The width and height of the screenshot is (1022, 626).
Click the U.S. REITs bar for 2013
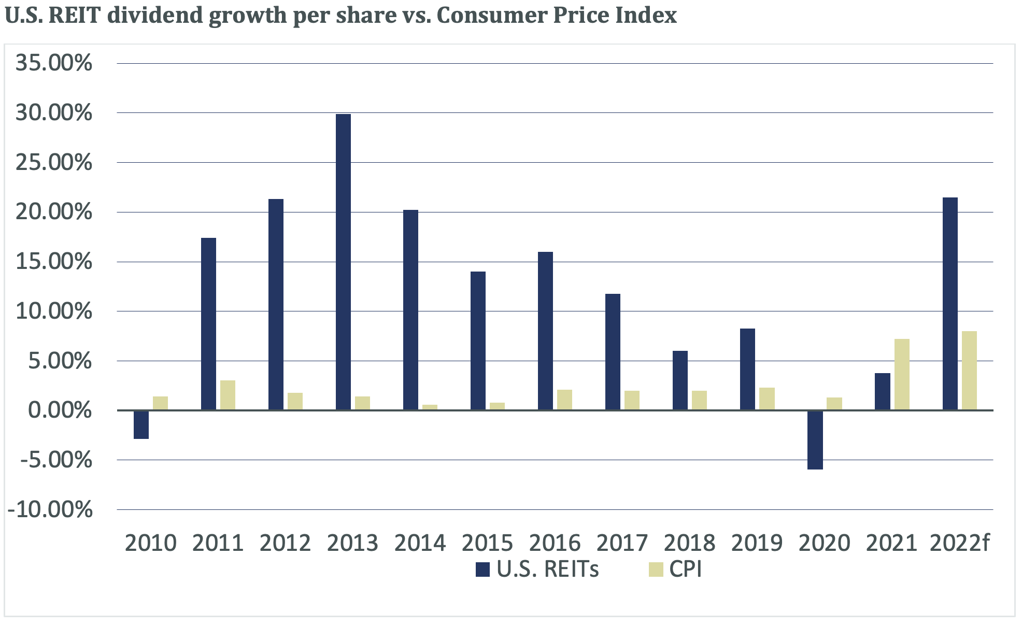(x=343, y=262)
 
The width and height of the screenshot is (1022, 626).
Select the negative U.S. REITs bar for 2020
(x=815, y=440)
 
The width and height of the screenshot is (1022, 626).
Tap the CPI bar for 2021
(x=902, y=374)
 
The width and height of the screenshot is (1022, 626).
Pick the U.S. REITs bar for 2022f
(x=950, y=304)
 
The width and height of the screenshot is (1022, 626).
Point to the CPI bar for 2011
(x=228, y=395)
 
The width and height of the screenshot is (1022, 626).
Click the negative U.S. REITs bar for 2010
(x=141, y=425)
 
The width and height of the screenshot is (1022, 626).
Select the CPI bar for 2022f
(x=969, y=371)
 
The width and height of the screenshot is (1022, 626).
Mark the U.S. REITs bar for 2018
(x=680, y=380)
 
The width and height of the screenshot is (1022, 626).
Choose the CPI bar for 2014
(x=430, y=407)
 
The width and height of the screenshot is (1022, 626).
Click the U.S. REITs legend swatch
(x=482, y=570)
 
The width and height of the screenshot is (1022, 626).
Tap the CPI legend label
(x=685, y=569)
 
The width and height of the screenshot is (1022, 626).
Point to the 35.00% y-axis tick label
(x=54, y=63)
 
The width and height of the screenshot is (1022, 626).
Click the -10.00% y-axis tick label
(x=50, y=509)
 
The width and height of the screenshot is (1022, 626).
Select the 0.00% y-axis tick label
(x=60, y=410)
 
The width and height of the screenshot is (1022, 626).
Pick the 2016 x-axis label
(x=555, y=543)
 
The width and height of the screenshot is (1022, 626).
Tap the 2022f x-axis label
(x=959, y=543)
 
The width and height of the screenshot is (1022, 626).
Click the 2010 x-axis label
(x=151, y=543)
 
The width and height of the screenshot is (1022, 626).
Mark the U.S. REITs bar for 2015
(x=478, y=340)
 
